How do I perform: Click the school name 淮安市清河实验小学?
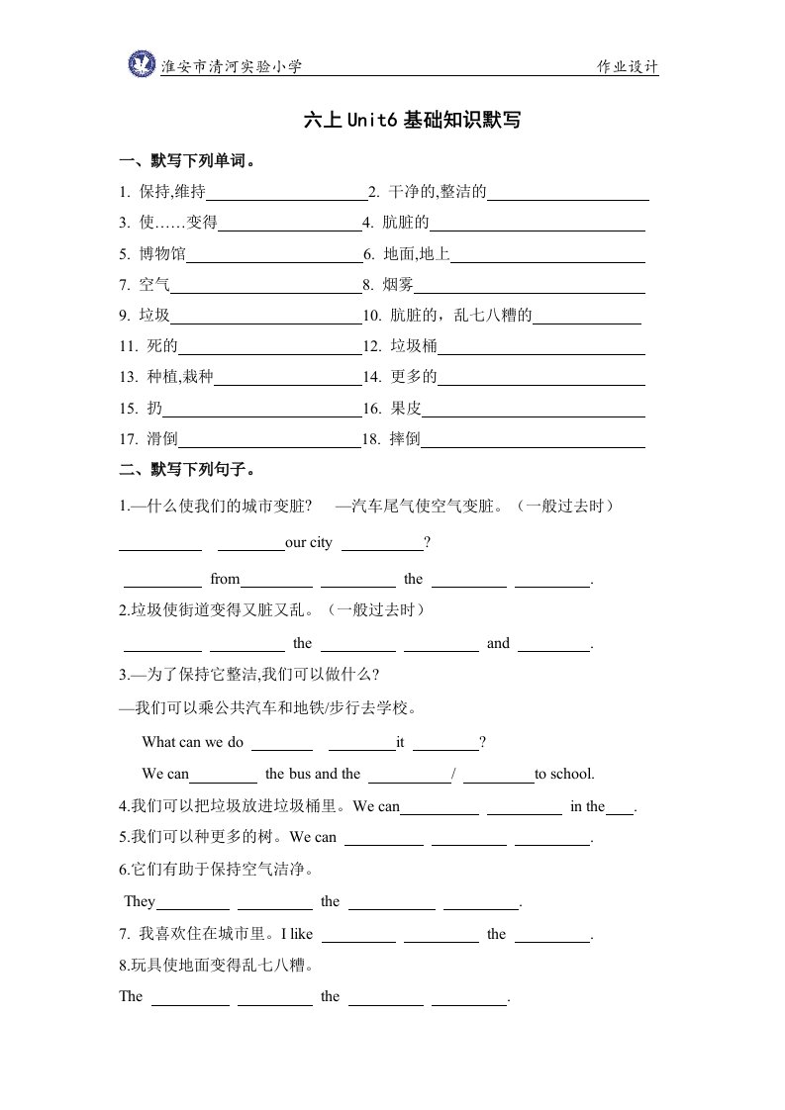[231, 66]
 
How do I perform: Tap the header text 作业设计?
[627, 66]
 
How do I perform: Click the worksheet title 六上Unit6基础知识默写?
[412, 121]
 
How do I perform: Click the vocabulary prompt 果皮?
[406, 408]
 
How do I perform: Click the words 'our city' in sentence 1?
[308, 542]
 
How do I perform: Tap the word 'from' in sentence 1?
[225, 579]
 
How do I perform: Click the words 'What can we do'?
[192, 741]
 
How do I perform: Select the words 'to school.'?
[564, 774]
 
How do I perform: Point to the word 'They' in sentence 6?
[140, 901]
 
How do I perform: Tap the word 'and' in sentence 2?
[498, 643]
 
